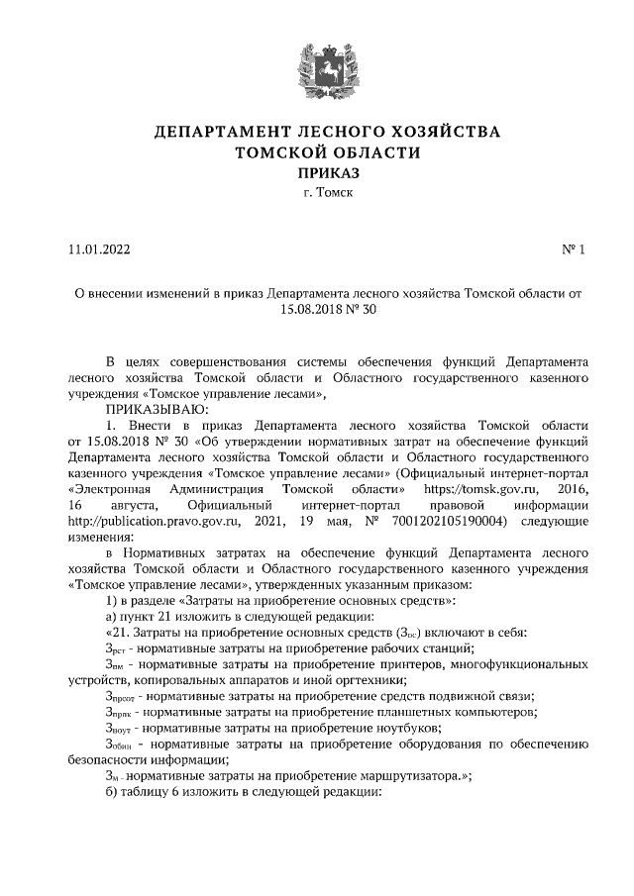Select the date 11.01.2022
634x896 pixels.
point(99,249)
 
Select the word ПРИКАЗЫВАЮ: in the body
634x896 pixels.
point(153,408)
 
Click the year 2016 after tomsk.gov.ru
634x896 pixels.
point(572,489)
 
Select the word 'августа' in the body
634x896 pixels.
point(128,505)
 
